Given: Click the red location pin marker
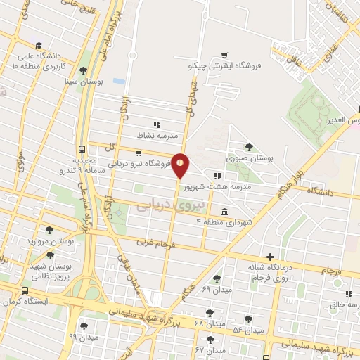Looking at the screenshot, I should click(x=181, y=166).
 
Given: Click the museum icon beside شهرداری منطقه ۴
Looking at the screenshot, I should click(x=224, y=212).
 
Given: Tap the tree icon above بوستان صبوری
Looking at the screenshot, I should click(x=249, y=146).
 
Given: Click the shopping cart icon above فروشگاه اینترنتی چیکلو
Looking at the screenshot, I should click(x=224, y=55).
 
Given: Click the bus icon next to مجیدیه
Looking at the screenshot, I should click(x=82, y=149).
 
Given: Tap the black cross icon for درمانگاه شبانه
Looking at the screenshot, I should click(x=270, y=257).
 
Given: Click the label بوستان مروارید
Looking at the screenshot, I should click(x=50, y=241).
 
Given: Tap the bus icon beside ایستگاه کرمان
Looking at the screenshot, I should click(x=25, y=290).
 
